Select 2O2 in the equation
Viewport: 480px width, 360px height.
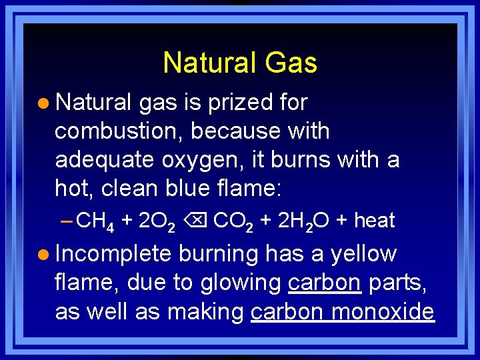pos(156,221)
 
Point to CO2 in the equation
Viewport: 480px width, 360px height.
pos(233,221)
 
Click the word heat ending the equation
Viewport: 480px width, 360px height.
pos(375,220)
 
